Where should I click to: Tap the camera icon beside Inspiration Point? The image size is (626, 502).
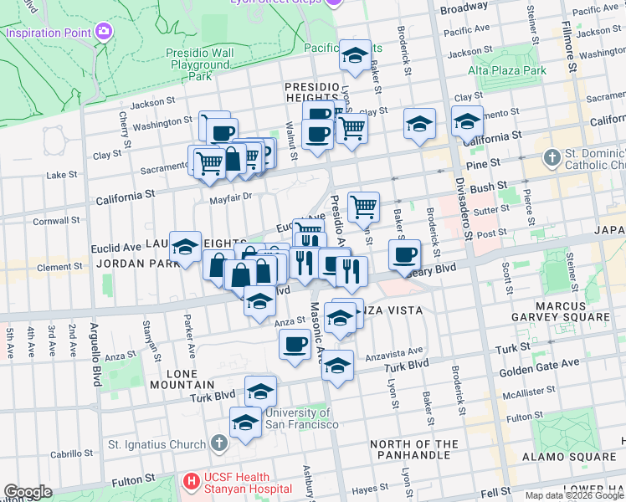(104, 32)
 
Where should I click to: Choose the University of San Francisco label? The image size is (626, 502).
(301, 418)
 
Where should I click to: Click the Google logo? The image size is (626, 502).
(28, 492)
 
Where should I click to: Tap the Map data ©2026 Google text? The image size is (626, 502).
(574, 495)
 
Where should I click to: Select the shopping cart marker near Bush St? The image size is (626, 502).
(363, 207)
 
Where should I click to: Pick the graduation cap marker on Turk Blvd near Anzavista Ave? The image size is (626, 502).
(337, 365)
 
